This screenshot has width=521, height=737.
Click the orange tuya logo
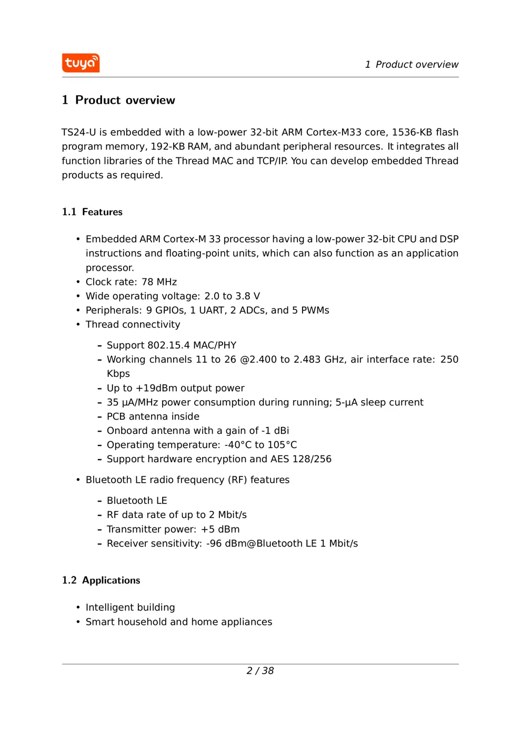81,63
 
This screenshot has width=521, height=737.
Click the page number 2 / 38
260,671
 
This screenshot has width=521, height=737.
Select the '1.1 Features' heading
92,212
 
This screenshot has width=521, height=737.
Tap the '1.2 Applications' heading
101,580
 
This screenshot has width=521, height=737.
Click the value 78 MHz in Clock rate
159,282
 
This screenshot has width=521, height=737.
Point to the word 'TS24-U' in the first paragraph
78,132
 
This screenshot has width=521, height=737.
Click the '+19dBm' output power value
158,389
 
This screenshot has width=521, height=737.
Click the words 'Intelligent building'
130,607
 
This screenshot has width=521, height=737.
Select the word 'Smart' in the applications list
99,622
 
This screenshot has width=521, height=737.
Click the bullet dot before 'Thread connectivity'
78,325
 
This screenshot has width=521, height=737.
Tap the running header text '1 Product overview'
412,65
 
